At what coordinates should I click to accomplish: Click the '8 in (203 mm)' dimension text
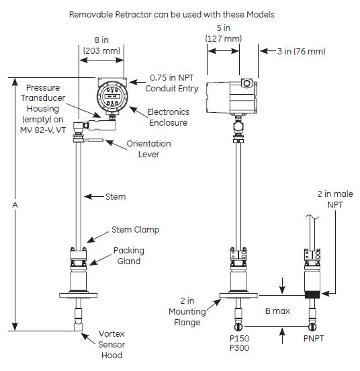click(x=101, y=45)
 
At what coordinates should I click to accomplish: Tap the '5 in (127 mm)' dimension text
click(x=224, y=33)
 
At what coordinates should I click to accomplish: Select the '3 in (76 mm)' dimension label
click(x=302, y=51)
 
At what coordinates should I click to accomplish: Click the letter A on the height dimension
click(x=15, y=205)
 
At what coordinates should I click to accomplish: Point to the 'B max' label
click(x=277, y=311)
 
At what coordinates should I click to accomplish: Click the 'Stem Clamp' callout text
click(x=136, y=230)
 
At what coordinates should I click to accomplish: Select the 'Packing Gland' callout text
click(x=129, y=256)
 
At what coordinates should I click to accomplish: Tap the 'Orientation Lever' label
click(x=148, y=149)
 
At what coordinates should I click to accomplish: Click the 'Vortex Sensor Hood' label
click(x=111, y=345)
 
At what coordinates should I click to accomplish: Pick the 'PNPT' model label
click(x=314, y=338)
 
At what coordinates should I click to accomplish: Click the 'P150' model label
click(x=239, y=338)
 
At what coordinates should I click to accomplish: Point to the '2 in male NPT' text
click(x=335, y=199)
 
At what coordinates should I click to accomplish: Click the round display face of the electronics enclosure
click(x=112, y=96)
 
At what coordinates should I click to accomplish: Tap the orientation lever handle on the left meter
click(x=93, y=140)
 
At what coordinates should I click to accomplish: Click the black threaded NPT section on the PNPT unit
click(x=312, y=295)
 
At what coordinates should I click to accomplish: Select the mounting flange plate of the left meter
click(x=78, y=295)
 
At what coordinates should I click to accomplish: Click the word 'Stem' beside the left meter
click(x=116, y=197)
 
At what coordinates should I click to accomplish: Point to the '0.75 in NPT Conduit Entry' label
click(x=172, y=83)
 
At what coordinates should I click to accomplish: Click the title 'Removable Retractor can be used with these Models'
click(x=172, y=15)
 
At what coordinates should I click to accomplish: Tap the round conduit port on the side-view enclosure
click(x=247, y=83)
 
